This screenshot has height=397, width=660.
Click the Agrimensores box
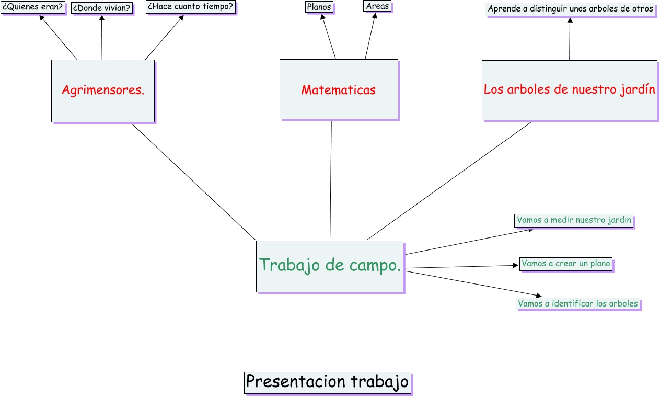tap(103, 90)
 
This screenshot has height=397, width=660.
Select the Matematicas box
tap(339, 89)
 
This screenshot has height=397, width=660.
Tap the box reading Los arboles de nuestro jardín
tap(569, 90)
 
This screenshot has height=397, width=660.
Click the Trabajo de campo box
tap(330, 266)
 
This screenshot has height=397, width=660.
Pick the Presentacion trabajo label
tap(327, 382)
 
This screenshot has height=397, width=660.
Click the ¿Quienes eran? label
tap(32, 7)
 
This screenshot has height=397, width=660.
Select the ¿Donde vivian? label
tap(101, 8)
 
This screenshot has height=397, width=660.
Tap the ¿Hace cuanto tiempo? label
tap(190, 7)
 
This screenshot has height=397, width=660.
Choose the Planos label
tap(319, 7)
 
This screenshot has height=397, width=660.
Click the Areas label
tap(377, 6)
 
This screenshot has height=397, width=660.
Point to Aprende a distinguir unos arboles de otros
tap(570, 9)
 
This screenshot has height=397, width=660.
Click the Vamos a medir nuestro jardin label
tap(574, 220)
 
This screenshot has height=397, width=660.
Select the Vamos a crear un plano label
tap(566, 264)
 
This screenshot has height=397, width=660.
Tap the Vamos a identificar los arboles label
tap(577, 303)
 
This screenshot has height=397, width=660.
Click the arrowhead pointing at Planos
tap(323, 17)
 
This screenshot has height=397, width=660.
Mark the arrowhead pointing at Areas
tap(375, 16)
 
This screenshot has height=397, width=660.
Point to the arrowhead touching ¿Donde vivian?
tap(102, 18)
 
